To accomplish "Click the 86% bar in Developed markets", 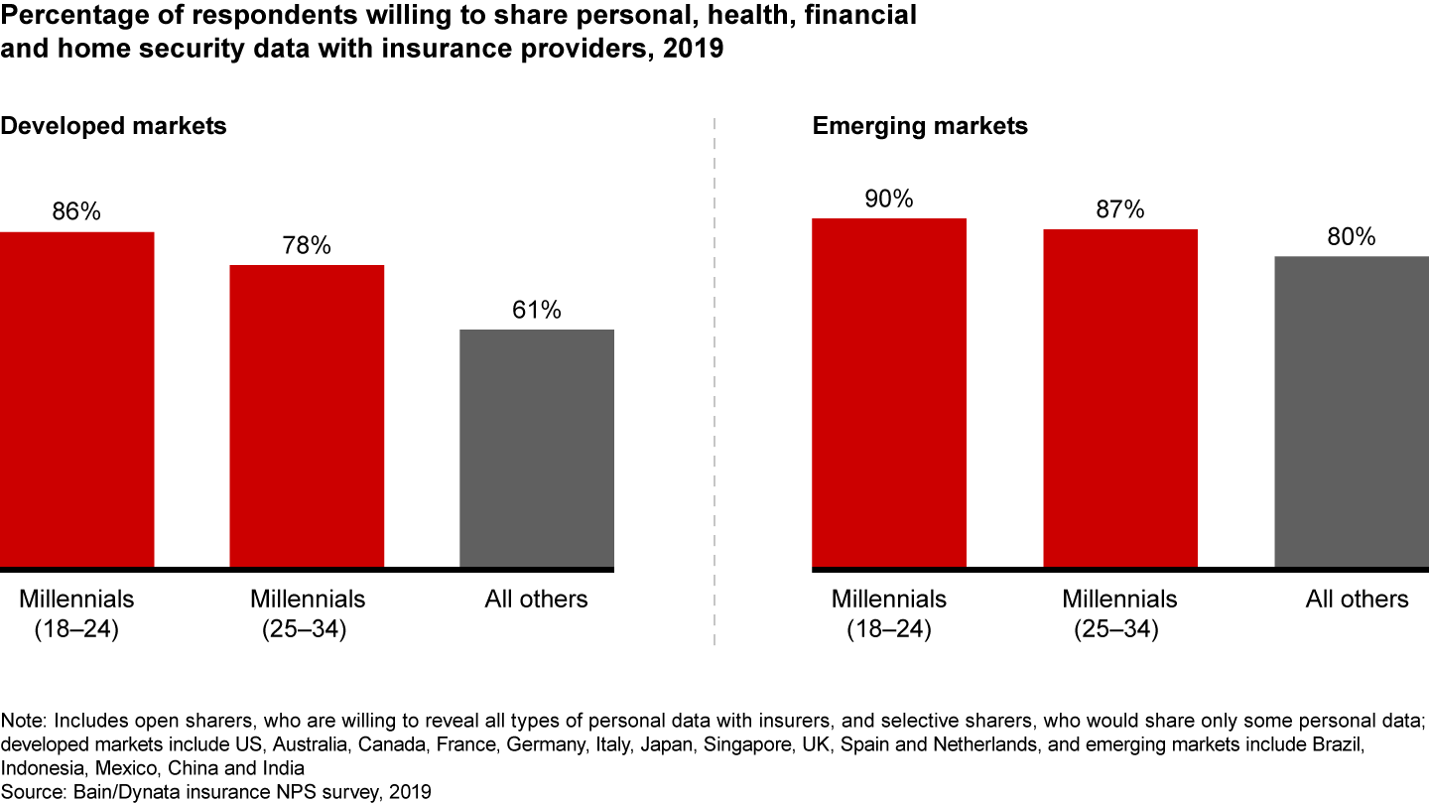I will click(76, 399).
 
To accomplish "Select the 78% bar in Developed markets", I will click(307, 416).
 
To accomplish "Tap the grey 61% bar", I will click(537, 449).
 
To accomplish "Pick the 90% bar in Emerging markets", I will click(889, 392).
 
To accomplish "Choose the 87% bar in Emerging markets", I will click(1120, 398).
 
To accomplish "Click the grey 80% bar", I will click(1352, 412).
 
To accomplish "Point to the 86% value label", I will click(77, 212).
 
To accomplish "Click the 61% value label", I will click(537, 311).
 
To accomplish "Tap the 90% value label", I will click(889, 199).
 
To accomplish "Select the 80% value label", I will click(1352, 237).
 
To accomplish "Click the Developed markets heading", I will click(113, 127).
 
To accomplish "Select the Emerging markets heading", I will click(920, 127).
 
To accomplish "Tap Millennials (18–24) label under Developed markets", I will click(76, 613).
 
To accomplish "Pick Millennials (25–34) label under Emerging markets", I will click(1119, 613).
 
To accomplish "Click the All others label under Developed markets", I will click(536, 600).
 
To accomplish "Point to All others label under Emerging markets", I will click(1357, 600).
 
